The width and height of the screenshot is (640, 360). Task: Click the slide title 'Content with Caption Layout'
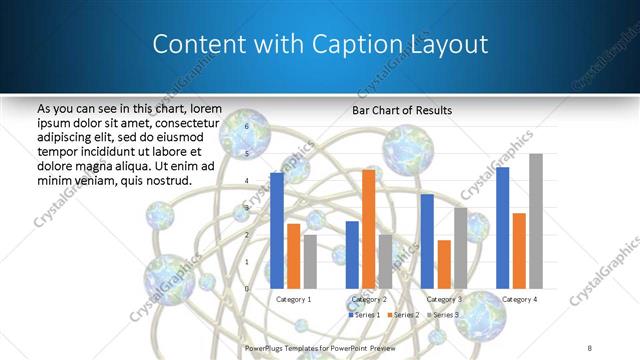(320, 45)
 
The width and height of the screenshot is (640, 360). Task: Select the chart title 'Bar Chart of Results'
(402, 110)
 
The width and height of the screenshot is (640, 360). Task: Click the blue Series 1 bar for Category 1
(277, 230)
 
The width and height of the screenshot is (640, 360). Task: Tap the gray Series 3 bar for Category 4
(536, 221)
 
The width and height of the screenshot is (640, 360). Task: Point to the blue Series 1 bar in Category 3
(427, 241)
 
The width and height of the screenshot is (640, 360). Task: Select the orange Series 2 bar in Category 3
(444, 264)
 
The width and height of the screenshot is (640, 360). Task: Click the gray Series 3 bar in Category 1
(310, 261)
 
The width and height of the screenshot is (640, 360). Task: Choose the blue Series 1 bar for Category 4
(502, 227)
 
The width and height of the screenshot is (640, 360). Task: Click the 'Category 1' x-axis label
(293, 299)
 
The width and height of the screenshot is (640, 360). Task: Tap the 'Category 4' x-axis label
(519, 299)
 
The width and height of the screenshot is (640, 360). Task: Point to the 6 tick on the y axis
(247, 127)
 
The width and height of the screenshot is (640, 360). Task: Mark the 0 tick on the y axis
(247, 288)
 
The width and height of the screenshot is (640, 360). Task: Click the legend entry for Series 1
(363, 314)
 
